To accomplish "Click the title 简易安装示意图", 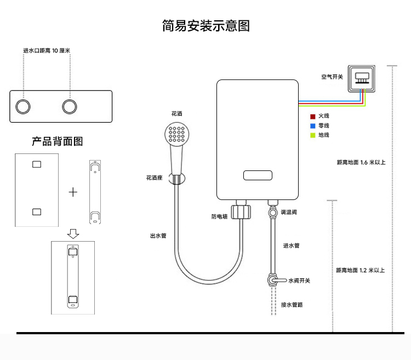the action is pos(206,26).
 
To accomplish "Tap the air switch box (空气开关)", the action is pos(362,78).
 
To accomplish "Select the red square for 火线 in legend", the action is pos(313,117).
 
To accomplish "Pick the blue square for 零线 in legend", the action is pos(313,126).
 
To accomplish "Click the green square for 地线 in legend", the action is pos(313,135).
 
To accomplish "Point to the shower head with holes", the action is pos(177,134).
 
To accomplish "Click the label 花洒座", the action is pos(155,178).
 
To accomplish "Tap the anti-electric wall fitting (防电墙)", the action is pos(241,212).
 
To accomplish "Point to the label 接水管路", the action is pos(292,305).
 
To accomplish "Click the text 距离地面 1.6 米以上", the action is pos(361,162).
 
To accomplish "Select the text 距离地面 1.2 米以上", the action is pos(361,270).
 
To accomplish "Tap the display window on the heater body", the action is pos(258,175).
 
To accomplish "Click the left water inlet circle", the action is pos(23,107).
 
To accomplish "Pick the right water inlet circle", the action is pos(70,107).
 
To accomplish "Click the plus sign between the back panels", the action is pos(73,192).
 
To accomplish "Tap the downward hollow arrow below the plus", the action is pos(73,234).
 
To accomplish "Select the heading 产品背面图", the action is pos(57,141).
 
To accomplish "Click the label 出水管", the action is pos(158,236).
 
